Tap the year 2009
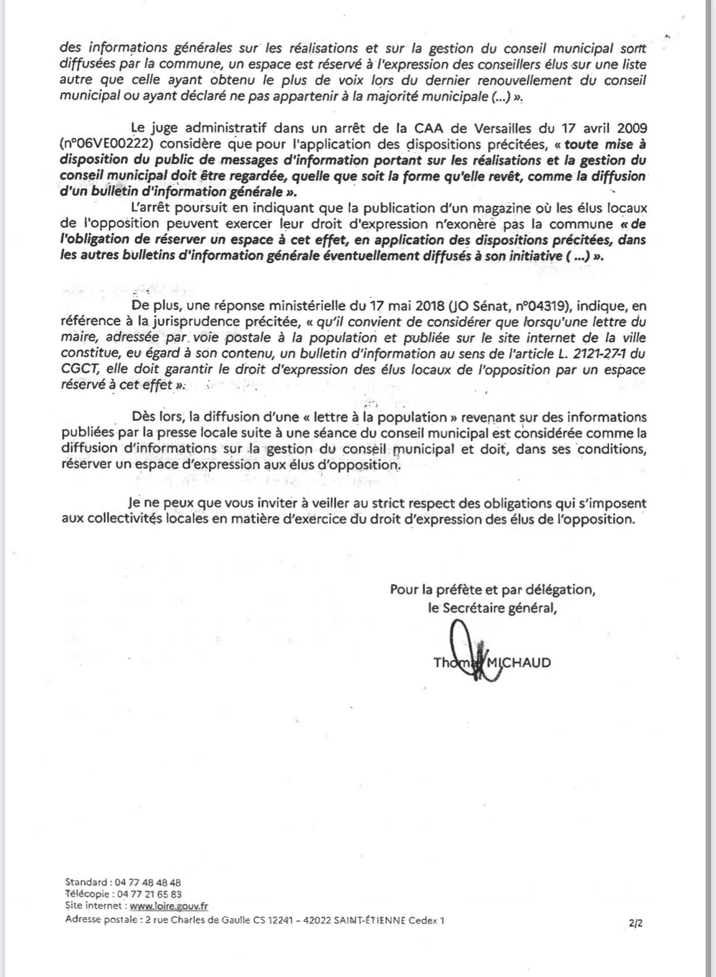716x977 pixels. pyautogui.click(x=630, y=128)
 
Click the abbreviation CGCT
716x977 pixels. pyautogui.click(x=80, y=370)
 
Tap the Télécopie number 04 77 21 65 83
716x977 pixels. pyautogui.click(x=149, y=894)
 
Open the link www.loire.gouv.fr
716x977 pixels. pyautogui.click(x=169, y=907)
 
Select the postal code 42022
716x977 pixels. pyautogui.click(x=315, y=920)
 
